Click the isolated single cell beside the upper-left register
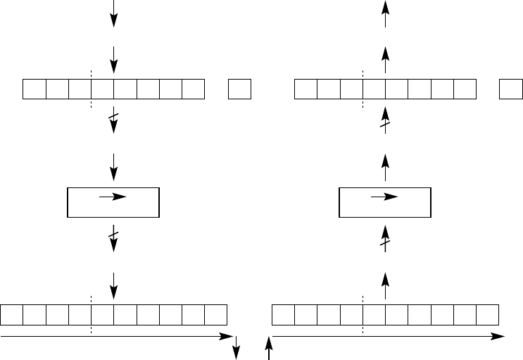point(240,89)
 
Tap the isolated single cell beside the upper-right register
point(511,89)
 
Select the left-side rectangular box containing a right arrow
point(113,202)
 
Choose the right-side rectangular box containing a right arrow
point(385,202)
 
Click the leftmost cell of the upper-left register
point(34,89)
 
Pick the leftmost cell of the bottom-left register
point(12,315)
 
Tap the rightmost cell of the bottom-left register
point(215,315)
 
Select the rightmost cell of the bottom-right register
point(487,315)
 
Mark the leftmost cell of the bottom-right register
point(284,315)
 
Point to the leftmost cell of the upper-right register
point(306,89)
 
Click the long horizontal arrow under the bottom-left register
point(116,337)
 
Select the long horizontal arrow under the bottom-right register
point(388,337)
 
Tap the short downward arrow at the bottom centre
point(237,345)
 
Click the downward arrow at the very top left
point(113,14)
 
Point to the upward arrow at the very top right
point(385,14)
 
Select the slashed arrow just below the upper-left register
point(113,120)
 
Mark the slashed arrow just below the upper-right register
point(385,118)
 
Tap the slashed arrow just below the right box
point(385,237)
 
